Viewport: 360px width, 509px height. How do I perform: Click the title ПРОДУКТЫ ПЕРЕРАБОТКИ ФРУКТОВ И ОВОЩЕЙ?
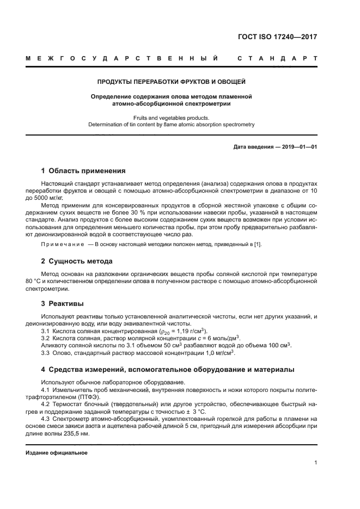pos(171,82)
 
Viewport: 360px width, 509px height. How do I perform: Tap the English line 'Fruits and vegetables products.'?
pos(171,118)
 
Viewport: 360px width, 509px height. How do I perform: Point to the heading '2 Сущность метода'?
pos(77,261)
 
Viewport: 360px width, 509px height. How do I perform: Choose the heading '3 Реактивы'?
pos(63,303)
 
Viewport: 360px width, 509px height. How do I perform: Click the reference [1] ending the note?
pos(258,244)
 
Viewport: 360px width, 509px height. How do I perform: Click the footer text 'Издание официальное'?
pos(57,452)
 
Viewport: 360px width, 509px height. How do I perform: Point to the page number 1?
pos(315,462)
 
